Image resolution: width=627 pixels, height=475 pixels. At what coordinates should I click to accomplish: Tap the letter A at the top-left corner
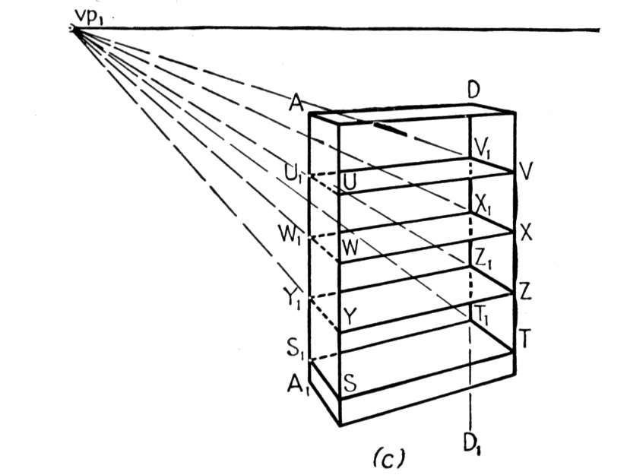click(296, 104)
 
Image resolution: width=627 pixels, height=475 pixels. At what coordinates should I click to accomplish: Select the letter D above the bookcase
click(473, 90)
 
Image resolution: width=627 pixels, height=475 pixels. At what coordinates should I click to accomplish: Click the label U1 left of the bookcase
click(294, 173)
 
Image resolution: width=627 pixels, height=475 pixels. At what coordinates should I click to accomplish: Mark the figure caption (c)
click(388, 458)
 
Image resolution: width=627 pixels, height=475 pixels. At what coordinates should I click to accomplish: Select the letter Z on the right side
click(525, 291)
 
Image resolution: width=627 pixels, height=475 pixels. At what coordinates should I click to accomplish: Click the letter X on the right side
click(526, 233)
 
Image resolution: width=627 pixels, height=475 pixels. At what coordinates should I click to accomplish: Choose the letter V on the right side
click(527, 171)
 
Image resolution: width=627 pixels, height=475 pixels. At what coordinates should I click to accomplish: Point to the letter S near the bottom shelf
click(350, 383)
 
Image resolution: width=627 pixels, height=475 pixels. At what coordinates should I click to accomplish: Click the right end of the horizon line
click(600, 30)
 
